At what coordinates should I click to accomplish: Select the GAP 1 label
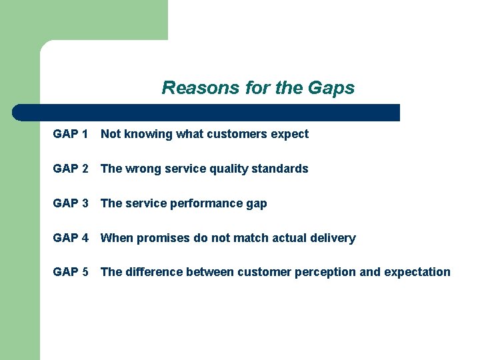(71, 134)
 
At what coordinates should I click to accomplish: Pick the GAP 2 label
(71, 169)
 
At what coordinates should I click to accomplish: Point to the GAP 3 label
(71, 203)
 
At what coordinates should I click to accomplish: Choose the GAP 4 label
(71, 238)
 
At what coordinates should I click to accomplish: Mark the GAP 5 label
(71, 272)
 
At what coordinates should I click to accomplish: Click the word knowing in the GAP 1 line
(145, 135)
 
